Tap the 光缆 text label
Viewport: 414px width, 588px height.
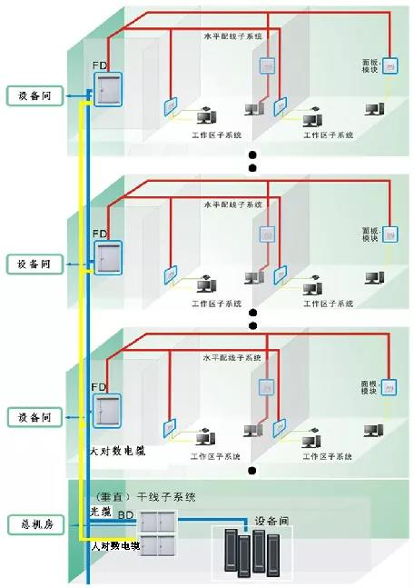(101, 513)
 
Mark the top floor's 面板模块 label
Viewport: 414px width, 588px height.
(369, 68)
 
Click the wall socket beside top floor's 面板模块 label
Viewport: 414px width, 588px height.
(390, 65)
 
